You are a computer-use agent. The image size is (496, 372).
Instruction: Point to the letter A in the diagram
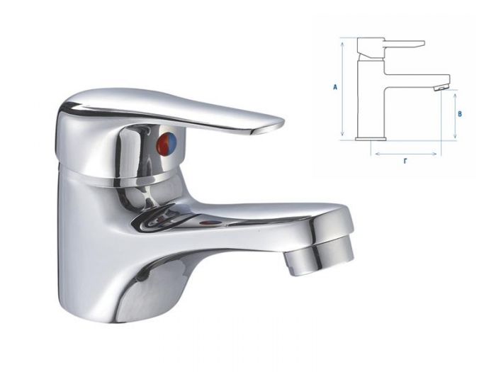pyautogui.click(x=334, y=88)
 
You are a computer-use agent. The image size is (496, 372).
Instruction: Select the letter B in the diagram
pyautogui.click(x=460, y=113)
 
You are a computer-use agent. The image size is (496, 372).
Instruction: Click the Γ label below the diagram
pyautogui.click(x=405, y=162)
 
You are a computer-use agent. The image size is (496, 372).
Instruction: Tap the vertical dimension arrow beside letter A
pyautogui.click(x=343, y=88)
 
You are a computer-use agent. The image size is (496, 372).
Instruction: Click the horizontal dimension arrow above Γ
pyautogui.click(x=406, y=152)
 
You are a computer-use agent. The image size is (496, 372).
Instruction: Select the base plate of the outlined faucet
pyautogui.click(x=371, y=138)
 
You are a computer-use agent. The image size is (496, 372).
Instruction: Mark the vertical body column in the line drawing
pyautogui.click(x=371, y=99)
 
